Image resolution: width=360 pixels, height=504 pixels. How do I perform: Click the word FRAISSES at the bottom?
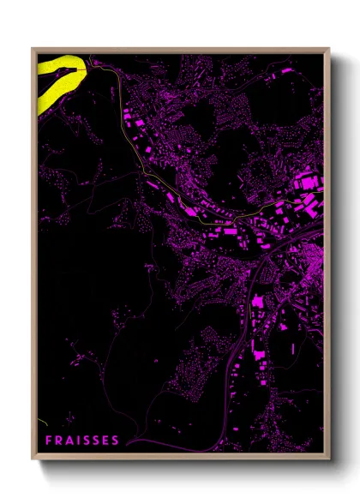tap(81, 441)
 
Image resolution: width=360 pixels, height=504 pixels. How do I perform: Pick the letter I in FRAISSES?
tap(77, 441)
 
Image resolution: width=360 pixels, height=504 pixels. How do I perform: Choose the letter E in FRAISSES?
tap(105, 441)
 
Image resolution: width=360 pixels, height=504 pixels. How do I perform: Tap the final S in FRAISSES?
tap(116, 441)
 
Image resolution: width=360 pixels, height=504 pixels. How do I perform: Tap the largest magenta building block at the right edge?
tap(305, 182)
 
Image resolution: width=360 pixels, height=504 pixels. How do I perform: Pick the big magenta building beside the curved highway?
tap(256, 301)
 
